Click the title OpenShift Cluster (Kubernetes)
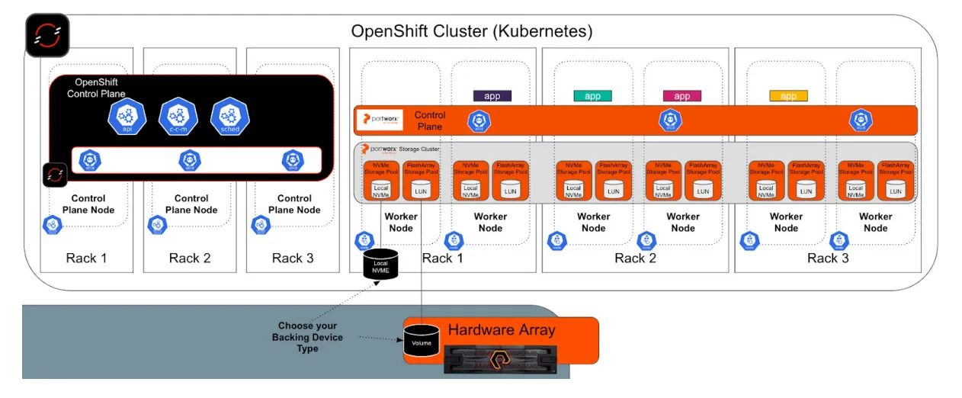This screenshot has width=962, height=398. point(471,31)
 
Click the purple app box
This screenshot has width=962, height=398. point(492,96)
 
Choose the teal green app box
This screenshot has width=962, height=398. point(592,96)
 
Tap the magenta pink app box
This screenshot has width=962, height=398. point(681,96)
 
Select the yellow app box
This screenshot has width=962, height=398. point(788,96)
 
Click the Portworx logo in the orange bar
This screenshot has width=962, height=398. point(379,120)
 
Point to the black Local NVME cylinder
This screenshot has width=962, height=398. point(380,264)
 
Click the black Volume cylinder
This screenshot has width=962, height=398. point(422,342)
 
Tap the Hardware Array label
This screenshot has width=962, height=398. point(501,330)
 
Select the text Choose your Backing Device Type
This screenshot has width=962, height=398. point(307,337)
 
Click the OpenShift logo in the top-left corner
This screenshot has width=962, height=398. point(47,35)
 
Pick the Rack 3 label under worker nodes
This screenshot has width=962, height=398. point(828,258)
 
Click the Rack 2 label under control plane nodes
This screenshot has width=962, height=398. point(190,258)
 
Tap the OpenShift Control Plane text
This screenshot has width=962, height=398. point(96,88)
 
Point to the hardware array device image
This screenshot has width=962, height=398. point(500,358)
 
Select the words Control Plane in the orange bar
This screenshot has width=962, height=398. point(429,120)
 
